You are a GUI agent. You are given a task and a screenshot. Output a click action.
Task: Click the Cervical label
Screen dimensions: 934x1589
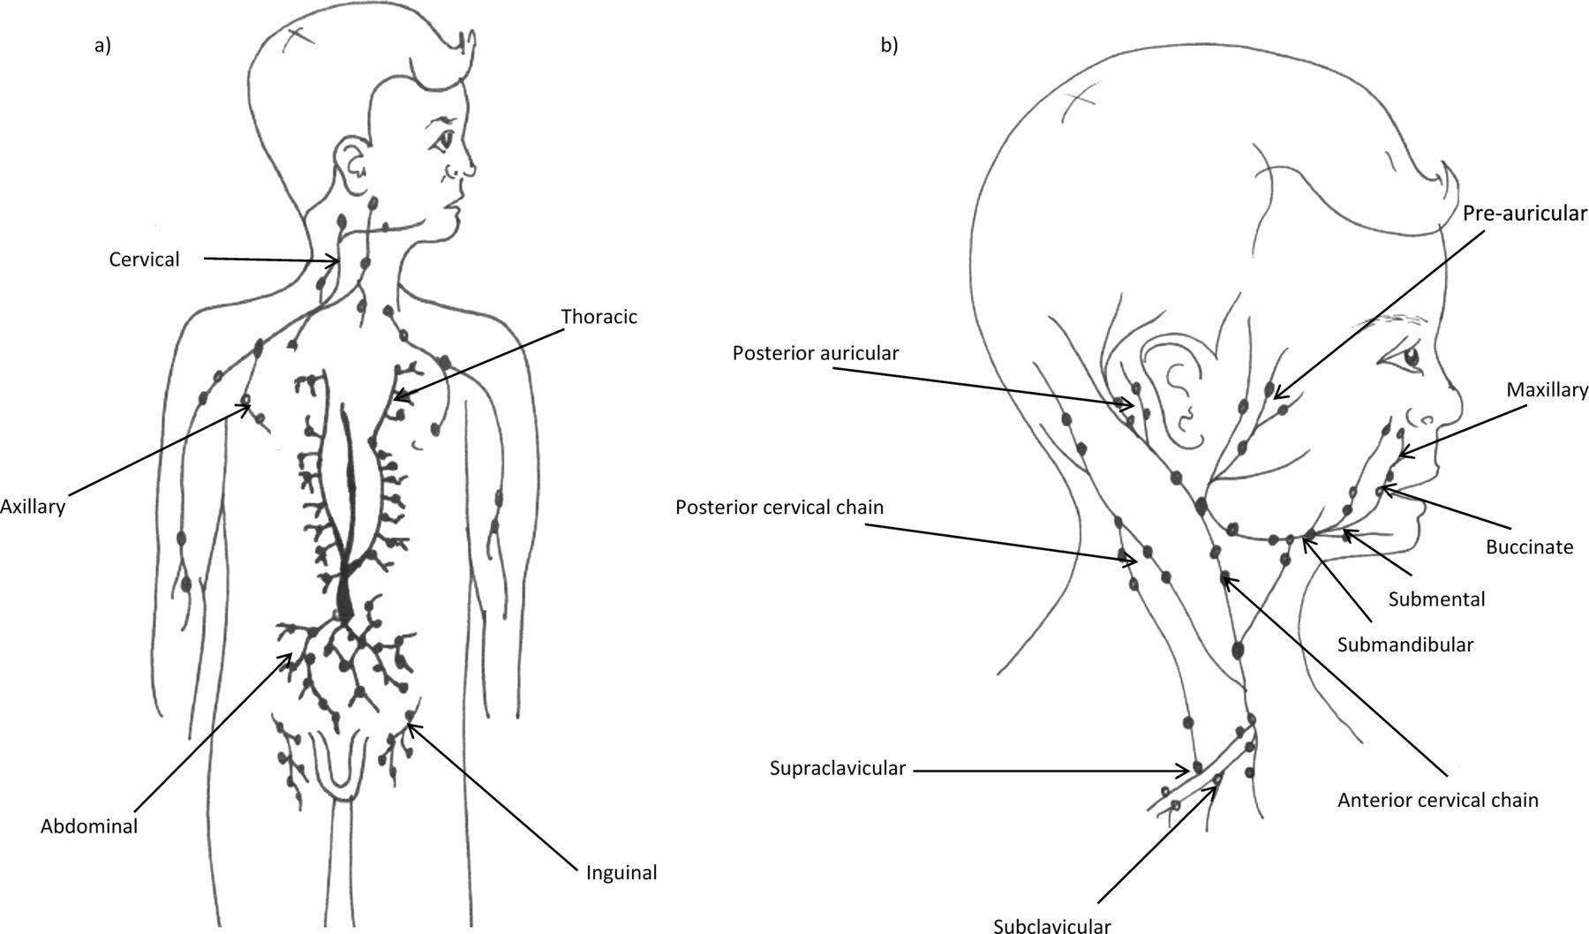point(144,260)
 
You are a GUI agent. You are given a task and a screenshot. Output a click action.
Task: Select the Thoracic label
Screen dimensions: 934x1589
point(599,317)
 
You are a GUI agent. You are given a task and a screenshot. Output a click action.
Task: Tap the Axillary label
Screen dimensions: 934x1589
point(33,507)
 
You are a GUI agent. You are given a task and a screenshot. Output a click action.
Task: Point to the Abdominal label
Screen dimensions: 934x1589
point(89,827)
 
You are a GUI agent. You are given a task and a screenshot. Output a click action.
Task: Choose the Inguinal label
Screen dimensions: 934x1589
point(621,873)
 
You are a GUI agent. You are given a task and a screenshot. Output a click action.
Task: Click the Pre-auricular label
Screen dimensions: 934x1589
point(1525,214)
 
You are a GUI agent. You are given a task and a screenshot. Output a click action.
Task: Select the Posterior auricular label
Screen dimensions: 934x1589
point(815,353)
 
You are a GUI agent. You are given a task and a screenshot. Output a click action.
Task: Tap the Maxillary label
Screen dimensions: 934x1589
point(1547,389)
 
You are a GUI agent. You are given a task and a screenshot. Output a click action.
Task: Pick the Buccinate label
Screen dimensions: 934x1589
point(1529,547)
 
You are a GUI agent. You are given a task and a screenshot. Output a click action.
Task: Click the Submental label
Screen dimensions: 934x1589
point(1436,599)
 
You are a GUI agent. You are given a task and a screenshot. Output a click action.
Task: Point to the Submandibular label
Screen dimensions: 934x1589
point(1404,644)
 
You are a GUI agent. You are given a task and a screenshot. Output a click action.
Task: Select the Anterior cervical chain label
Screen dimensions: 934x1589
point(1437,801)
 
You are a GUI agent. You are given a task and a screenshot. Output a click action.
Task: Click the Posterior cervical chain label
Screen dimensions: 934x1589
point(779,508)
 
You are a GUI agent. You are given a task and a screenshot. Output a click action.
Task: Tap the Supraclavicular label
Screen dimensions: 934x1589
point(837,768)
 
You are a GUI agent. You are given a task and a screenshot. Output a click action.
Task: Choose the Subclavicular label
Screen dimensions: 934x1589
point(1051,924)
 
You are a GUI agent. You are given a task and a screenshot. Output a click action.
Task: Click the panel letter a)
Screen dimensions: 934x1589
point(103,47)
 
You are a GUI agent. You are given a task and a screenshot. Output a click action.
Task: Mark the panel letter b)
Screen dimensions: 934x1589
point(889,47)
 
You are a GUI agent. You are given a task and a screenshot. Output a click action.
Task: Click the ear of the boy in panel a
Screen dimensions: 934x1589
point(350,162)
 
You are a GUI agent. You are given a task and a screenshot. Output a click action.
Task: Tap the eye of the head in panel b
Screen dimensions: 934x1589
point(1410,358)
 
